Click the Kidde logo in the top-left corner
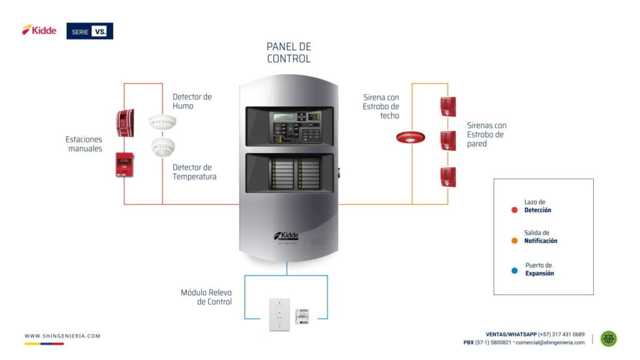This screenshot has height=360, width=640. pos(39,30)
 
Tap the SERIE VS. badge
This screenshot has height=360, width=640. pos(89,31)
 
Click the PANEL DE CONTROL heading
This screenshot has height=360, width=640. pos(289,52)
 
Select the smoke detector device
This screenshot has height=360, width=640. pos(162,122)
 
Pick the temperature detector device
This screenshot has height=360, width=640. pos(163,147)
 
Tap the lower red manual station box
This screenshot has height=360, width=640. pos(125,164)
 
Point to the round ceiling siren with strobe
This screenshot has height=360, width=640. pos(411,137)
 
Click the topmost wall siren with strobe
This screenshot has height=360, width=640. pos(448,106)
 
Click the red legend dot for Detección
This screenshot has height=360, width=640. pos(514,210)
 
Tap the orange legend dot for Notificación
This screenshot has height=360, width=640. pos(514,241)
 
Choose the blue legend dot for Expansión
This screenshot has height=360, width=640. pos(514,271)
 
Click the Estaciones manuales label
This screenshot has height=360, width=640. pos(84,144)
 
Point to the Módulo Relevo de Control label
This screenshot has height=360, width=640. pos(206,297)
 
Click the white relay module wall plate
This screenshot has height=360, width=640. pos(279,314)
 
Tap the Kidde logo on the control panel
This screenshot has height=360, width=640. pos(286,236)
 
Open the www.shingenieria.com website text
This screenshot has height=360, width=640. pos(62,336)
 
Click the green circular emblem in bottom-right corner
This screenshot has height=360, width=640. pos(608,339)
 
